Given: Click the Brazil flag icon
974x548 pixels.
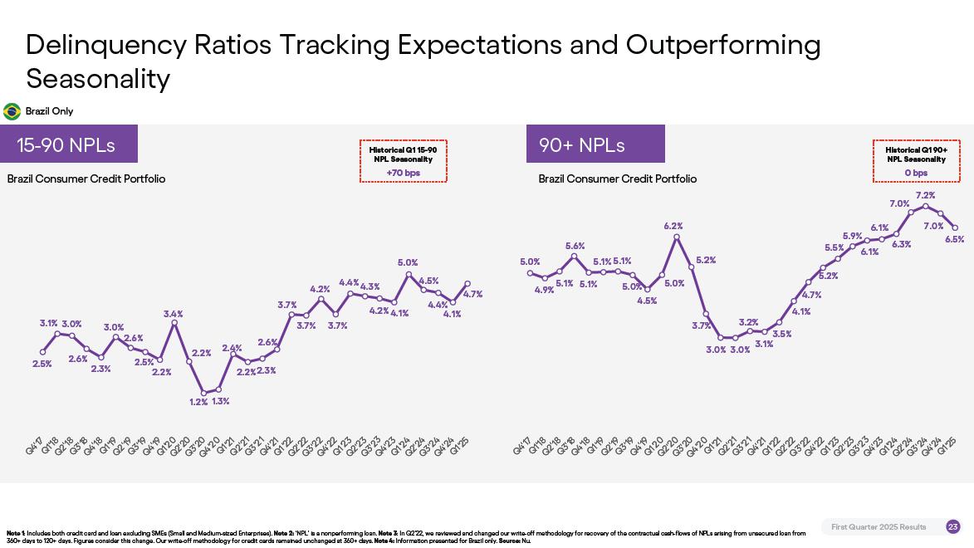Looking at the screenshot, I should point(12,111).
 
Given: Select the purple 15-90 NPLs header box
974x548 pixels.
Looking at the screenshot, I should point(69,144).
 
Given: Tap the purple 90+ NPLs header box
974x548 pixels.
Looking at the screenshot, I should point(595,144).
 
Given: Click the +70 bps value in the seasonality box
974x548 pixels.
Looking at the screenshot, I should point(404,173).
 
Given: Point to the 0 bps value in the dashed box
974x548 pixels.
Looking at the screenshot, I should point(916,173).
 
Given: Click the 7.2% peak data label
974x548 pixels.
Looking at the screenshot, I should point(925,196).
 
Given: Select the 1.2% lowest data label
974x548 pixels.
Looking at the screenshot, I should point(198,402).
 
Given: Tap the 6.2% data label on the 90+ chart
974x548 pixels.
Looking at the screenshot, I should point(673,226).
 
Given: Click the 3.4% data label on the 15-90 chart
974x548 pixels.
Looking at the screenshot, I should point(173,314).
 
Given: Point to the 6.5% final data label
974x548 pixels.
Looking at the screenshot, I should point(954,239).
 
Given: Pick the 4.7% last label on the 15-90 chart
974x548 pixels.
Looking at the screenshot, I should point(472,294).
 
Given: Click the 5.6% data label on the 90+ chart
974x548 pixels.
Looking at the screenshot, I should point(575,246).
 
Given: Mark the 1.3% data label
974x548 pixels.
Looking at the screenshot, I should point(220,401).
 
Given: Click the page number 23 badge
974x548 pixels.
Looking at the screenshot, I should point(952,527).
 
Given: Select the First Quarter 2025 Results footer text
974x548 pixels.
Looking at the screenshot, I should point(879,527).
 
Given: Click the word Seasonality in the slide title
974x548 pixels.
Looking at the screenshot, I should point(98,79).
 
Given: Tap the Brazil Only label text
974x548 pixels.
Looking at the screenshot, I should point(49,111).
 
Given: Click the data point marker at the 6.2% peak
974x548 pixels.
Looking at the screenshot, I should point(677,237).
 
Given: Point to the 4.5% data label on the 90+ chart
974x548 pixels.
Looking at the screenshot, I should point(647,301).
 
